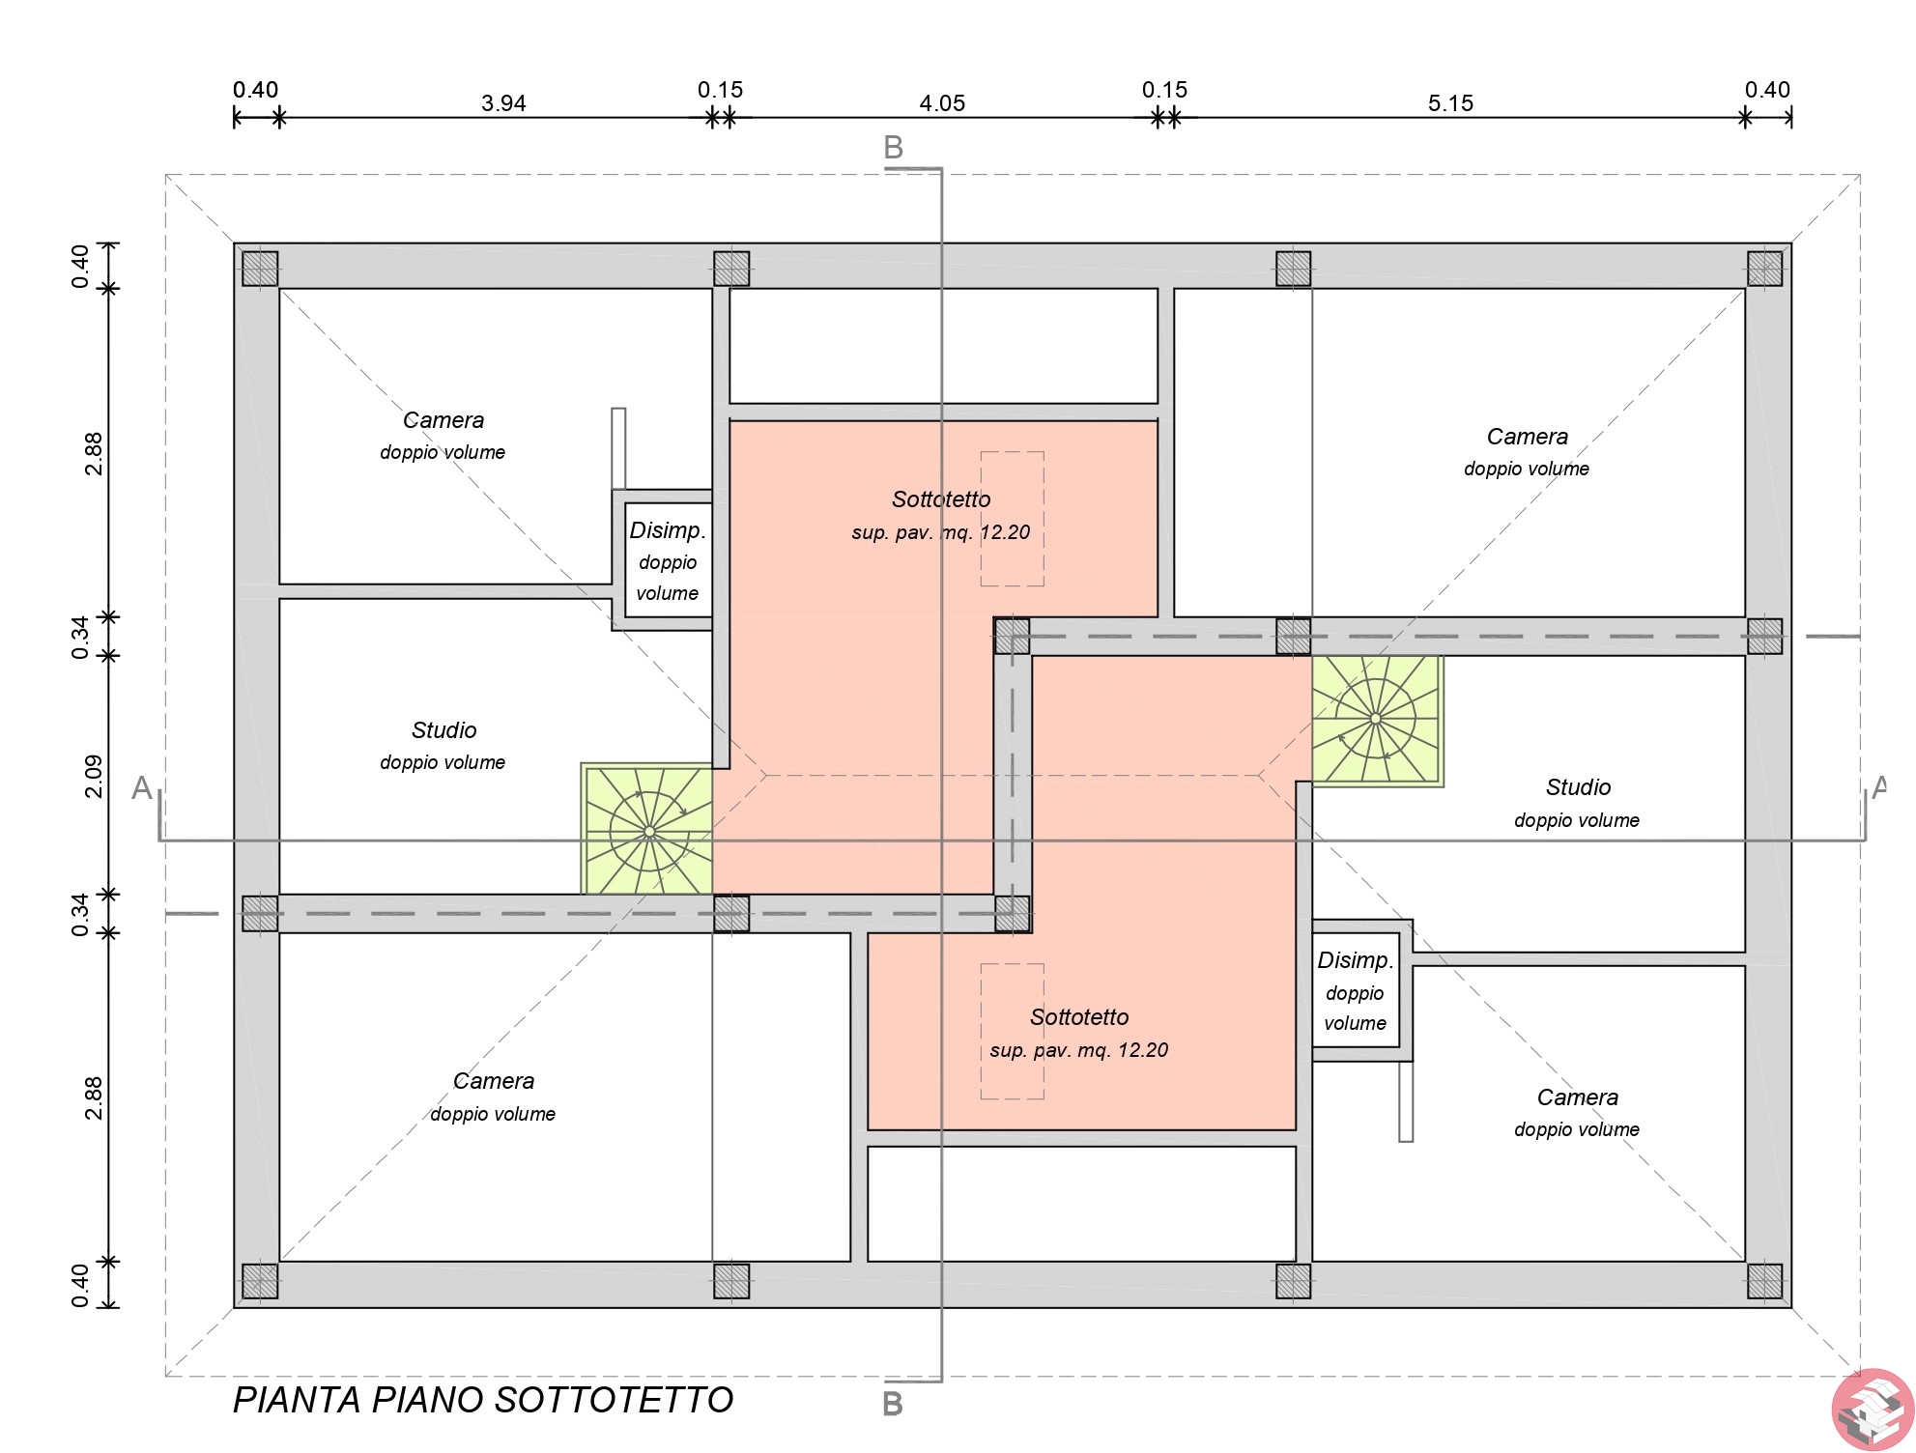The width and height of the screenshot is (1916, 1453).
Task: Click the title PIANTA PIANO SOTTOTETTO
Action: click(x=483, y=1400)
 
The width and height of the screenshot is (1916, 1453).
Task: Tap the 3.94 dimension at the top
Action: click(x=503, y=103)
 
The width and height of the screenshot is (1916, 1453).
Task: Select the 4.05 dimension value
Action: click(x=942, y=103)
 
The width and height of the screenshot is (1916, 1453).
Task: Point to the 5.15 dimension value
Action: click(x=1450, y=103)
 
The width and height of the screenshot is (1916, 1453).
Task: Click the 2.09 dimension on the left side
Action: click(x=94, y=776)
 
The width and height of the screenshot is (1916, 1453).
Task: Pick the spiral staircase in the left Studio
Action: click(x=648, y=830)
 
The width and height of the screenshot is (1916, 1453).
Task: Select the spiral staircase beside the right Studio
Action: click(x=1377, y=721)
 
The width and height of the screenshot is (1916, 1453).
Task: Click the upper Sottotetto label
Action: click(x=941, y=499)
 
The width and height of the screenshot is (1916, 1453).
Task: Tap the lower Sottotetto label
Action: click(x=1079, y=1017)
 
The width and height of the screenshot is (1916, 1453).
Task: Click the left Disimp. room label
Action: click(x=668, y=530)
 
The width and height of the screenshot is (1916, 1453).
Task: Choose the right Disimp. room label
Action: click(x=1356, y=960)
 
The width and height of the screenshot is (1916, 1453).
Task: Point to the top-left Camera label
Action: click(x=443, y=420)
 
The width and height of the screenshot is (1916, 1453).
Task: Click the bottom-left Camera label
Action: click(x=494, y=1081)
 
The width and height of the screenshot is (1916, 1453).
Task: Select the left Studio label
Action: click(x=443, y=730)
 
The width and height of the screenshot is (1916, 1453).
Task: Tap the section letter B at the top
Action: click(x=894, y=148)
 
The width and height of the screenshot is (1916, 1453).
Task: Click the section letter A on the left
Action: click(x=142, y=787)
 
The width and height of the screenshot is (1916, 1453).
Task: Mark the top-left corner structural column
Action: click(x=260, y=269)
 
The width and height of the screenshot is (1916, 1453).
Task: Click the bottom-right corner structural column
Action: click(x=1764, y=1281)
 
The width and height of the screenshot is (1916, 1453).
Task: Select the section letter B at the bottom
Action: click(x=893, y=1404)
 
